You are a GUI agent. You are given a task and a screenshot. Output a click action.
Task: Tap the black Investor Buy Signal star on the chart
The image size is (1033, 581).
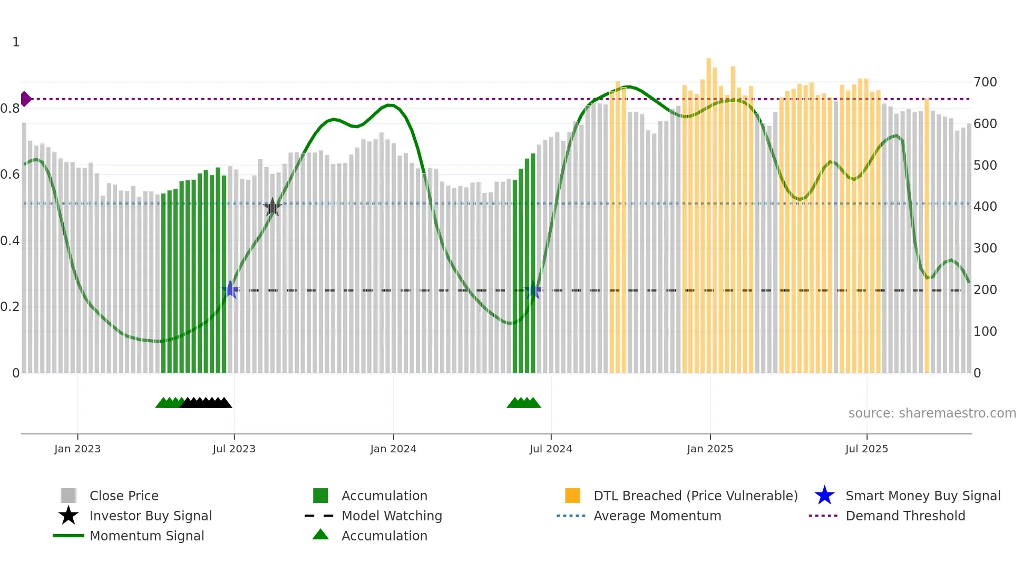point(272,207)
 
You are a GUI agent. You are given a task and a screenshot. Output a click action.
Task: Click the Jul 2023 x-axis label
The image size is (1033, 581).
point(234,449)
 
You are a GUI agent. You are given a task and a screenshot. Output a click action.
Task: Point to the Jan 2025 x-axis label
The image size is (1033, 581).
point(709,449)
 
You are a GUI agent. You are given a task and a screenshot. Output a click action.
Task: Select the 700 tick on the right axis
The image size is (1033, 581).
point(985,82)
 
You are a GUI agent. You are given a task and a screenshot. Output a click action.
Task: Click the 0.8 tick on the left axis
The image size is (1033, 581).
point(10,109)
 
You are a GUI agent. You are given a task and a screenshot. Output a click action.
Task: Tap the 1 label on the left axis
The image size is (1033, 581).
point(16,42)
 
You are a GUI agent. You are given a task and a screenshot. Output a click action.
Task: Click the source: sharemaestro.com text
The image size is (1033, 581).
point(932,413)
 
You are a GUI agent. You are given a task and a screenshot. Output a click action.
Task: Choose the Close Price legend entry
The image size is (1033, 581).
point(124,496)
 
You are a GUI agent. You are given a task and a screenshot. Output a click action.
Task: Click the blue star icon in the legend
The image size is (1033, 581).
point(824,496)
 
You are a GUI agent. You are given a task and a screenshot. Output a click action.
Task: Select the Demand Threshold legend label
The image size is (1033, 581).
point(905,516)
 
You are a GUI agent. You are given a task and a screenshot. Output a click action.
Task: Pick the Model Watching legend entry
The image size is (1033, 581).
point(391,516)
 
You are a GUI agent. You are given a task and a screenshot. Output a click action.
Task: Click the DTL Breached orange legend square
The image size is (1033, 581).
point(572,496)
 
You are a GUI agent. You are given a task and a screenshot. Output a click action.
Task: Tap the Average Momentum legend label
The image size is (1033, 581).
point(657,516)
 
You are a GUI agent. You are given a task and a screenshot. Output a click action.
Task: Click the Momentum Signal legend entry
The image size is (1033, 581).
point(147,536)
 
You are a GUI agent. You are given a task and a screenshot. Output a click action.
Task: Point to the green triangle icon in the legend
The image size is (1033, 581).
point(320,535)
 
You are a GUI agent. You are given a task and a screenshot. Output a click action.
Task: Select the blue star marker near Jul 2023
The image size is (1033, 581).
point(230,289)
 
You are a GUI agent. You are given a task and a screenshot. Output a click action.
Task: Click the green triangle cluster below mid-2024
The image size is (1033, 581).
point(523,403)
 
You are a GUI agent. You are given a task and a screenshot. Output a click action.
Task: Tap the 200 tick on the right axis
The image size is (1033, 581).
point(985,290)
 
